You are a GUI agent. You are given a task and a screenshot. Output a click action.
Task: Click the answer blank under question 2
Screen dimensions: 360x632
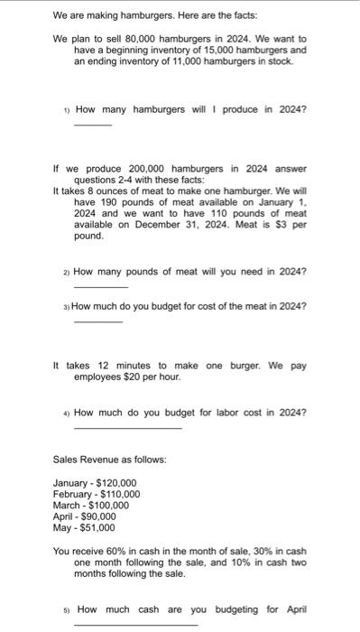tap(95, 286)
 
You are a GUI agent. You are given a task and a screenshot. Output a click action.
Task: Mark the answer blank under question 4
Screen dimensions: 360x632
tap(127, 427)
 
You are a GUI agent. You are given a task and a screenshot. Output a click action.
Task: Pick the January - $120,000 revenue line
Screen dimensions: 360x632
tap(95, 483)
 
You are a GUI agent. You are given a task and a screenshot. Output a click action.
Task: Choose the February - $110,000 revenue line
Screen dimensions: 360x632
tap(97, 494)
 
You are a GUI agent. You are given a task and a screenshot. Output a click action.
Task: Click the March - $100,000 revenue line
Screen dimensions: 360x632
tap(91, 506)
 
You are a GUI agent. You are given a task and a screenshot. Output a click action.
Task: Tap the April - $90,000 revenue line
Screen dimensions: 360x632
tap(87, 516)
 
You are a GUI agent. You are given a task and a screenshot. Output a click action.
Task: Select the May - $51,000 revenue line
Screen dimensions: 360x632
tap(84, 527)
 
